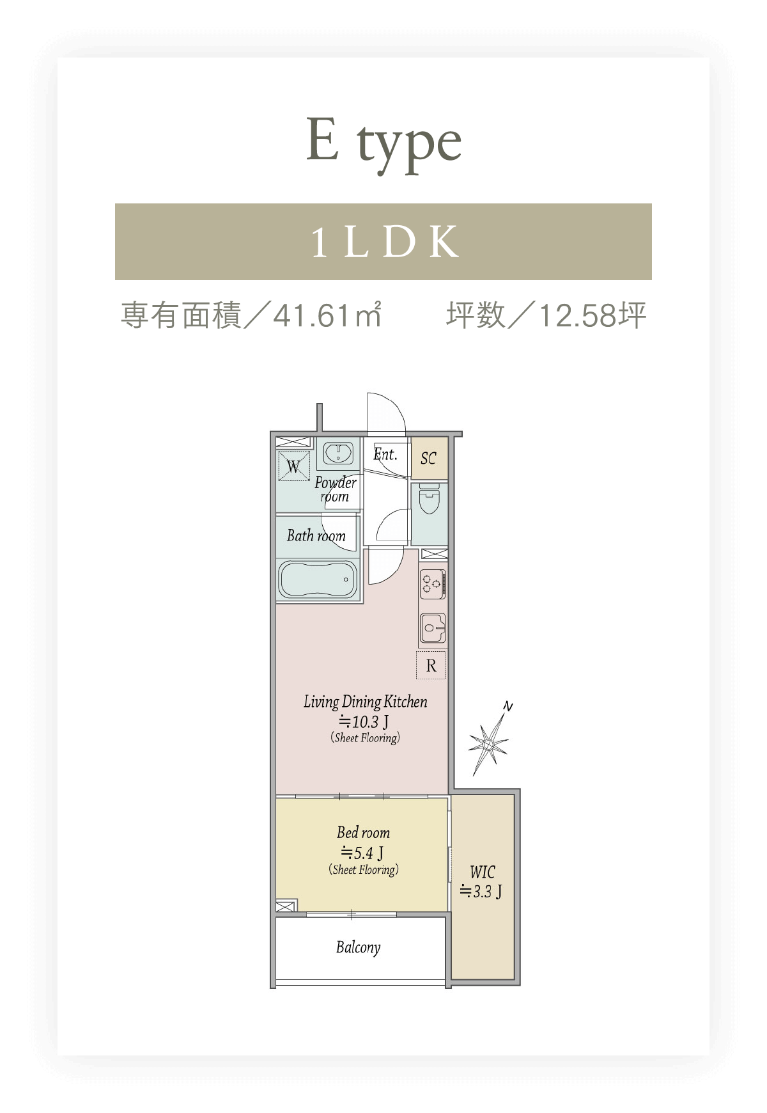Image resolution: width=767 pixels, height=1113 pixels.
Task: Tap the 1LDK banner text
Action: coord(385,242)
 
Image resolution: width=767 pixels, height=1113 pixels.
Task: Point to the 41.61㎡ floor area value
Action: coord(327,315)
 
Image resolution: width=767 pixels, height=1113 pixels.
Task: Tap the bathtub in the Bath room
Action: coord(318,580)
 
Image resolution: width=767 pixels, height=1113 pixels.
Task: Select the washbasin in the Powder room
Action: coord(337,454)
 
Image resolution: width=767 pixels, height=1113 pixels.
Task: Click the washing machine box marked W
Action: coord(293,466)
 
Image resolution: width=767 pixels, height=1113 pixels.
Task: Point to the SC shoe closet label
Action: coord(428,458)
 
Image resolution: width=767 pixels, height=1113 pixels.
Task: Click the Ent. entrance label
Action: coord(385,454)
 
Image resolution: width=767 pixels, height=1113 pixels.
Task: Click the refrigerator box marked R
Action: coord(431,665)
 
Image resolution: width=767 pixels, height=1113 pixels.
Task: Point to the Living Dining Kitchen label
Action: coord(365,702)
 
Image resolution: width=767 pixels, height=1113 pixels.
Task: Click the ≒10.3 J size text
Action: coord(364,722)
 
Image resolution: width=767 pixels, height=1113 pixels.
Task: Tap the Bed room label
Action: coord(363,832)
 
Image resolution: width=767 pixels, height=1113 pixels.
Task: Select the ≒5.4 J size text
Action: coord(362,853)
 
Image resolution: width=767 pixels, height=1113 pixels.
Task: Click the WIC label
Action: coord(482,872)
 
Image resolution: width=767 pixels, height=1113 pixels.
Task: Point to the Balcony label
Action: coord(358,947)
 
